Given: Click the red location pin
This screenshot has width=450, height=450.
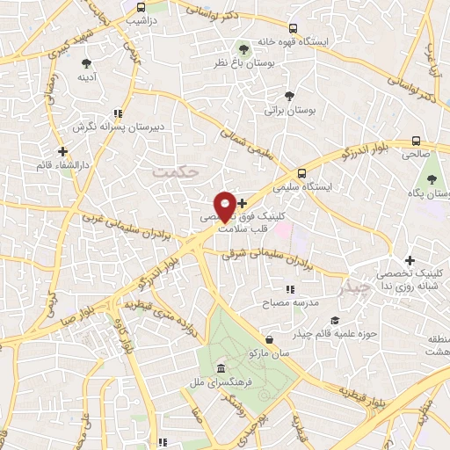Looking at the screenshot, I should coord(225,207).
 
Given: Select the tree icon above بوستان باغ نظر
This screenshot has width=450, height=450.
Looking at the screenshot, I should coord(245,49).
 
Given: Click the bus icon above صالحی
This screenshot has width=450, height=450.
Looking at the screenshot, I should coord(416,141).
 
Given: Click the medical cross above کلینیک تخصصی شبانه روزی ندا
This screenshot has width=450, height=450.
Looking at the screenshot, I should coord(410,260).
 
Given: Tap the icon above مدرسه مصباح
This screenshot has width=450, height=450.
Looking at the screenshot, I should coord(289,288).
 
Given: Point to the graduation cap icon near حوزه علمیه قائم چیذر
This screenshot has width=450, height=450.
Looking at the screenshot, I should coord(333,321).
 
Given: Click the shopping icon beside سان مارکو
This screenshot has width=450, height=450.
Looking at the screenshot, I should coord(269,338).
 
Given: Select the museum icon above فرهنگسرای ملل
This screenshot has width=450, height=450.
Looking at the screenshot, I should coord(219,368).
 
